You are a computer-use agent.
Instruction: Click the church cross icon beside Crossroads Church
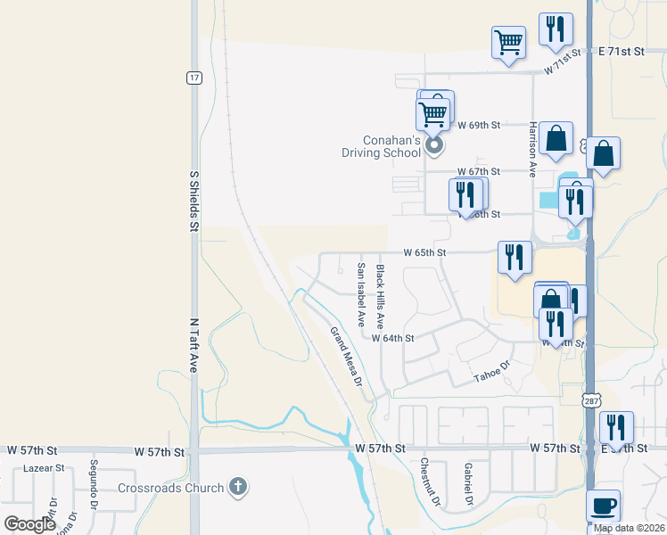237,486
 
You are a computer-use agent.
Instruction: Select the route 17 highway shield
193,78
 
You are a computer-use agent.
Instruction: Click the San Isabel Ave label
361,294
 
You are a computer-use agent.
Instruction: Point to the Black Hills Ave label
380,294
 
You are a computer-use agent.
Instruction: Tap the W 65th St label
424,253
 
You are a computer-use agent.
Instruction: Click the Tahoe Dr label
491,372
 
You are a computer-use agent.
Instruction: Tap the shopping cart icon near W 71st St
508,41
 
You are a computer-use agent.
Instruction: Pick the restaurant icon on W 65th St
515,257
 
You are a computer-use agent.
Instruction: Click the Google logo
30,524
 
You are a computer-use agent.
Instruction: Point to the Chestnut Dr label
430,482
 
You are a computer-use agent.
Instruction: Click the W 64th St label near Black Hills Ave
393,339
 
